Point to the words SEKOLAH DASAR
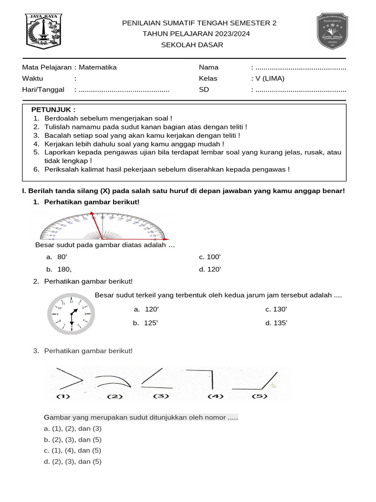[192, 45]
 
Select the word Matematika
[98, 68]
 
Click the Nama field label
[209, 68]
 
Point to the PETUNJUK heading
[53, 110]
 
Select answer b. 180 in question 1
[59, 269]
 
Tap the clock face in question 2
[72, 314]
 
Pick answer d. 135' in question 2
[276, 323]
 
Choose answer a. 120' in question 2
[147, 309]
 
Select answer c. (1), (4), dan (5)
[72, 451]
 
